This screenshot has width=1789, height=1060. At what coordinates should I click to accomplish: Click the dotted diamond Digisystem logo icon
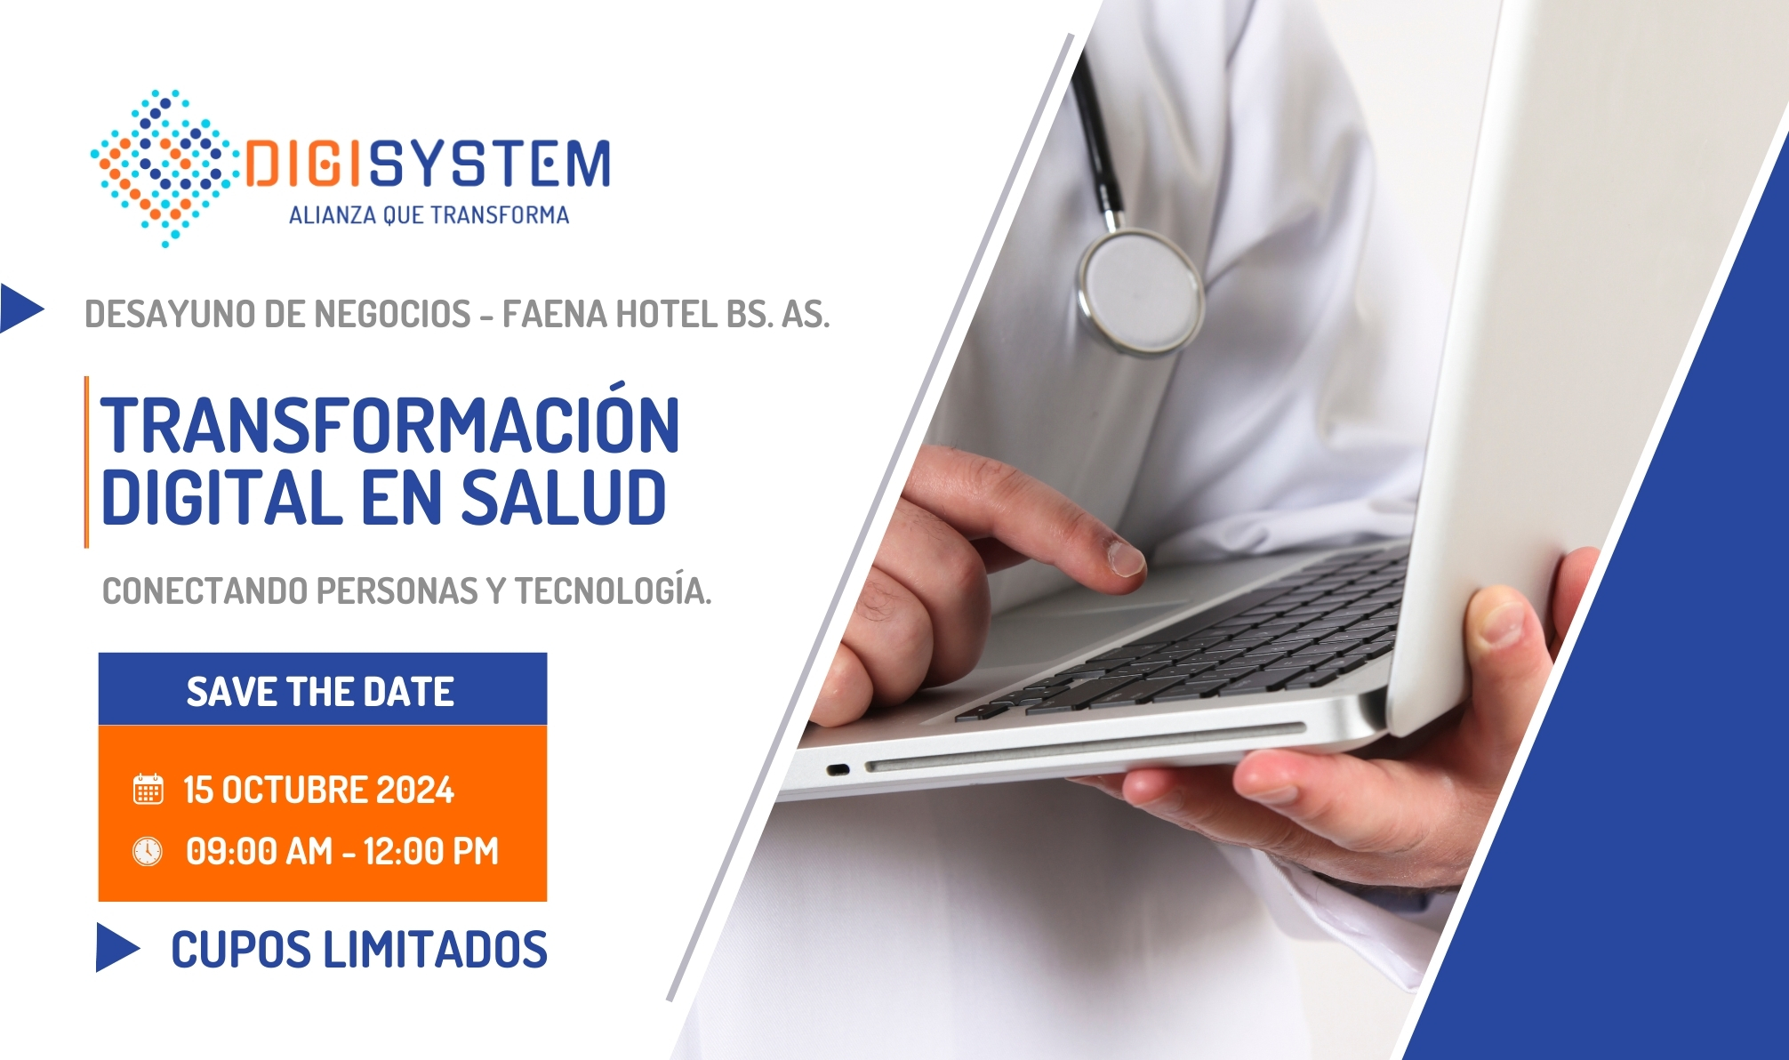point(164,167)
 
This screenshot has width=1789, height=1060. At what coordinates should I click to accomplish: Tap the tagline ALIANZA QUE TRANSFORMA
point(429,215)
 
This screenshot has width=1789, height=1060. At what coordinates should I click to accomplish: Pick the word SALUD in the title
point(563,497)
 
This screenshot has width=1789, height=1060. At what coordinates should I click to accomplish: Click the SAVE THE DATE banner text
point(320,692)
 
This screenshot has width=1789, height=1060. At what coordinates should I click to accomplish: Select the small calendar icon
point(148,789)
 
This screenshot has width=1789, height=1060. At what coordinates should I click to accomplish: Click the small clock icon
point(148,851)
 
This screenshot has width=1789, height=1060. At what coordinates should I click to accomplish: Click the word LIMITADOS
point(435,949)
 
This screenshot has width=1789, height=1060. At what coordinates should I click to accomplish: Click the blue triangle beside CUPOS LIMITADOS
point(117,947)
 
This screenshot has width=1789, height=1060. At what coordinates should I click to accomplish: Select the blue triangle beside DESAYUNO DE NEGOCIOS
point(21,308)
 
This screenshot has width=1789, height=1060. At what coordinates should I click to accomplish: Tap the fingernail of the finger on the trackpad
point(1126,559)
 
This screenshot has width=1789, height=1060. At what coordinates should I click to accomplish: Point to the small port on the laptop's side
point(838,769)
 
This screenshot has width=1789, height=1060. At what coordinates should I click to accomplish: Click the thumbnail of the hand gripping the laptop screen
point(1504,622)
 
